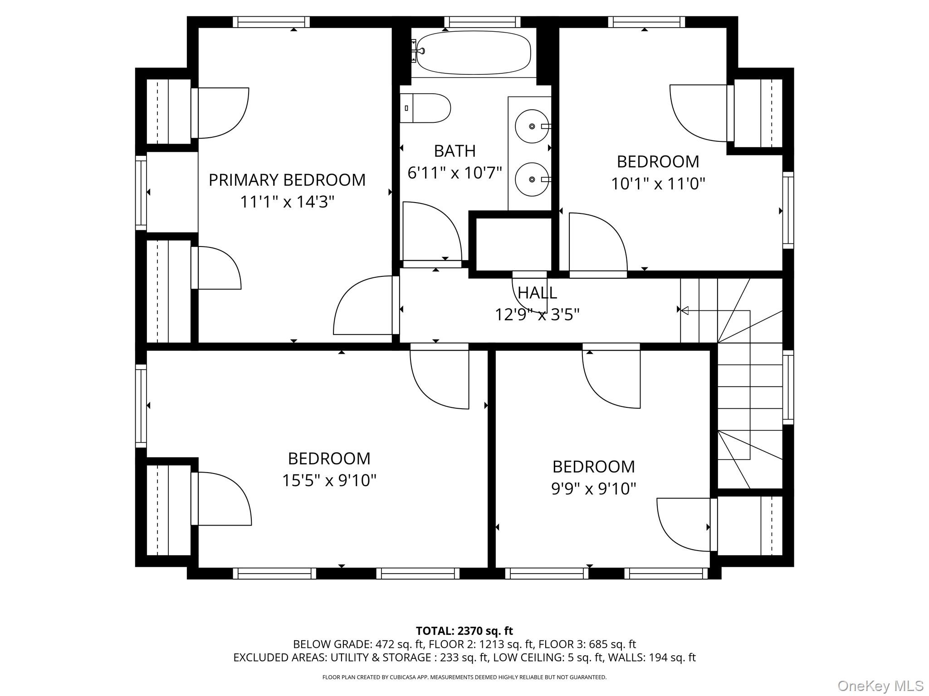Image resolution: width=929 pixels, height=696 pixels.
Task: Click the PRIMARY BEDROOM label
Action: click(287, 180)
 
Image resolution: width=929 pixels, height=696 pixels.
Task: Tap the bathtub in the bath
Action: click(473, 53)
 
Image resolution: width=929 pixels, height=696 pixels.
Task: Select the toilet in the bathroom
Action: click(425, 108)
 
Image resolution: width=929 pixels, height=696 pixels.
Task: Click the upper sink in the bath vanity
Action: click(532, 126)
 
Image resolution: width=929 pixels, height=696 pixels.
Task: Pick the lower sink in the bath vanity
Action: click(532, 179)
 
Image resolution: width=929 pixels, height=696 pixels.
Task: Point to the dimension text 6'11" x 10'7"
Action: click(455, 173)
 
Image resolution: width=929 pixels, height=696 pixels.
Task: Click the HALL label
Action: click(537, 293)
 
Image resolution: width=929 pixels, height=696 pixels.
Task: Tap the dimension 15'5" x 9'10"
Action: click(329, 480)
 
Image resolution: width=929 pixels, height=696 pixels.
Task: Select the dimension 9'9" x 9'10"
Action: click(593, 488)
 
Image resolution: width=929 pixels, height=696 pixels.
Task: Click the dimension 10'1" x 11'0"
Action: click(658, 184)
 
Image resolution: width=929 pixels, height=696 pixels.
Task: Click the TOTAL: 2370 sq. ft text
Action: click(464, 631)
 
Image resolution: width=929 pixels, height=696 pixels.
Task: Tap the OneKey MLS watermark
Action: click(880, 686)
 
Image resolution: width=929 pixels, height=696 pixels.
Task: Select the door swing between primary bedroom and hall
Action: click(363, 306)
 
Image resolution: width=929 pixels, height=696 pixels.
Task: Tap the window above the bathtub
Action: click(482, 22)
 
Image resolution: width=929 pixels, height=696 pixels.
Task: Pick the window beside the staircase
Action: click(788, 387)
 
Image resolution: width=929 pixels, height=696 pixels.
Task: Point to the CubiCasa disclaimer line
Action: click(464, 677)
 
